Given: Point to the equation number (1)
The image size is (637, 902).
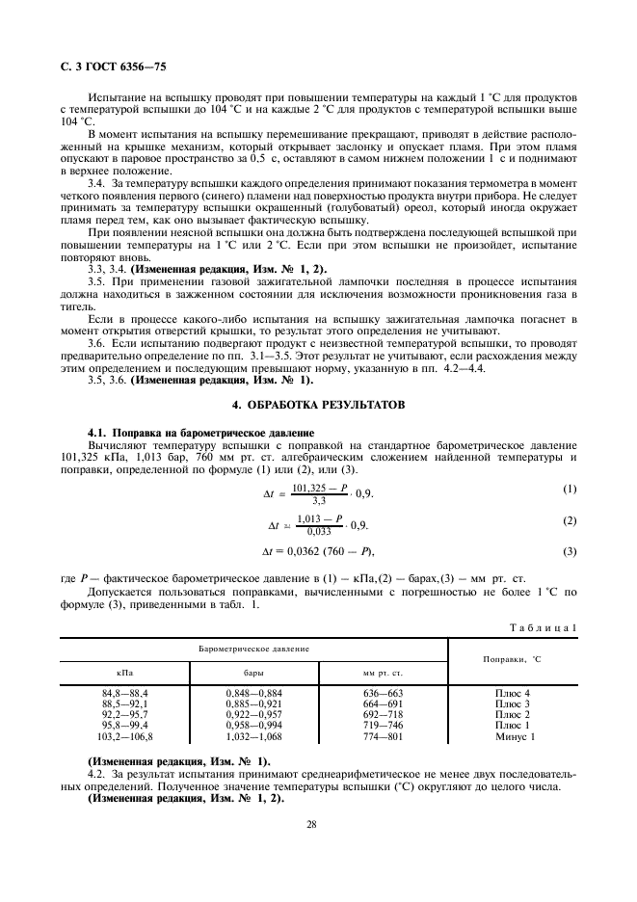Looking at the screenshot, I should (x=570, y=490).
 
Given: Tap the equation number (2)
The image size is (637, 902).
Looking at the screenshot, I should (x=570, y=520).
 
